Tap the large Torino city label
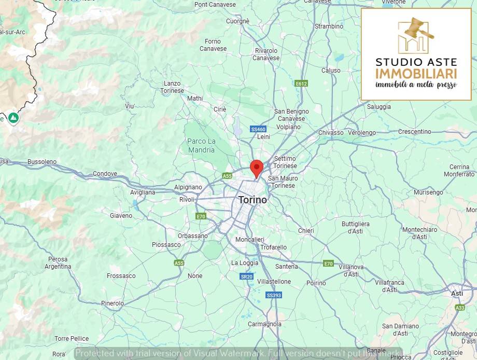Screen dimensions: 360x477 tap(252, 200)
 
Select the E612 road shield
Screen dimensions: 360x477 tap(301, 83)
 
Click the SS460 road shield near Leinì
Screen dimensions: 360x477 tap(258, 129)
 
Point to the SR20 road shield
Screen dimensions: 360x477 tap(247, 276)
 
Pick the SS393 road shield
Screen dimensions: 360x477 tap(273, 295)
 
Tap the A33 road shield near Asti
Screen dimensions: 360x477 tap(460, 307)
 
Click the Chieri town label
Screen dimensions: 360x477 tap(306, 231)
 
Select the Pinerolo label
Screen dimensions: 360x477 tap(113, 303)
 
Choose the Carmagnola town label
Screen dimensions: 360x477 tap(264, 324)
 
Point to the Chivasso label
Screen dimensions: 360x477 tap(331, 132)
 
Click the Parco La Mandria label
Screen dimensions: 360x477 tap(201, 146)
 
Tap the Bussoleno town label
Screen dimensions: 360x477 tap(41, 162)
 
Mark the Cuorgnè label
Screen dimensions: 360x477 tap(237, 21)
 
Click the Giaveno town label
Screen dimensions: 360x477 tap(121, 215)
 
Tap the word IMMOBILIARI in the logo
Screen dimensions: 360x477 tap(416, 73)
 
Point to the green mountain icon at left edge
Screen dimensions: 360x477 tap(13, 118)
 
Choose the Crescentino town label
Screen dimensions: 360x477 tap(414, 131)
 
